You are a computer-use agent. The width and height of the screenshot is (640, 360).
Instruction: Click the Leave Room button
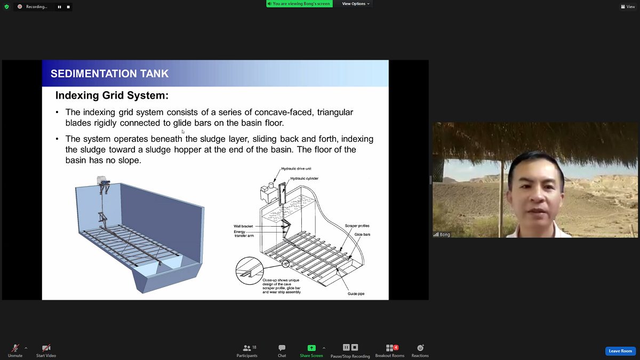[x=620, y=351]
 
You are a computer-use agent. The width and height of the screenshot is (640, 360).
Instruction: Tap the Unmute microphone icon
[x=15, y=348]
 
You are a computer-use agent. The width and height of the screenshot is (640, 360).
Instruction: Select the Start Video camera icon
[x=46, y=348]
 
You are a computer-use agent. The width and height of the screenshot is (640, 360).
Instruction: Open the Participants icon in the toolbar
[x=246, y=348]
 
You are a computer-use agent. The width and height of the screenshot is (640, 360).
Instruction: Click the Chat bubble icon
[x=282, y=348]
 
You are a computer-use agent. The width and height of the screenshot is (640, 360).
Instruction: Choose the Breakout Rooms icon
[x=390, y=348]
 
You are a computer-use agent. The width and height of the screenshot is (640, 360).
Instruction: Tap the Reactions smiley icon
[x=420, y=348]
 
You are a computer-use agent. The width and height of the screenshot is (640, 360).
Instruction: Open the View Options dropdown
[x=356, y=4]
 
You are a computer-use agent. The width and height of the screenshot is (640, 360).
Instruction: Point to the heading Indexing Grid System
[x=111, y=95]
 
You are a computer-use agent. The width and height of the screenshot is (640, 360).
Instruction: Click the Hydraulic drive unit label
[x=296, y=169]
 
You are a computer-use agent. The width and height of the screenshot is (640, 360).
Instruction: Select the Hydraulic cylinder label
[x=305, y=178]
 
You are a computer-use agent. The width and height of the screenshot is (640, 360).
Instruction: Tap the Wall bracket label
[x=243, y=226]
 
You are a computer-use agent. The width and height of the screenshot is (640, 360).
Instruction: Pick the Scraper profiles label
[x=357, y=226]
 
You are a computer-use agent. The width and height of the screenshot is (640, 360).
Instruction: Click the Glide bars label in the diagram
[x=362, y=234]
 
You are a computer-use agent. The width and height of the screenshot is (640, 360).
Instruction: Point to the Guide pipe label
[x=356, y=293]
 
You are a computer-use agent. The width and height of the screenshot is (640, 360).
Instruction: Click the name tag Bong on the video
[x=445, y=235]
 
